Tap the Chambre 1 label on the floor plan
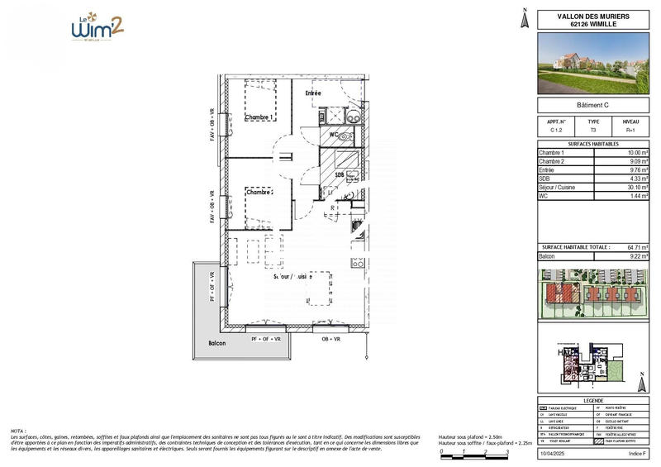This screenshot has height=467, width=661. click(259, 118)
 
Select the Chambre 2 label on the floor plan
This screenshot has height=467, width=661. click(259, 192)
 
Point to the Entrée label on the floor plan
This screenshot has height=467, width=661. click(313, 93)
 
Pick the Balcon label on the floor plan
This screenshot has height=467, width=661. click(216, 342)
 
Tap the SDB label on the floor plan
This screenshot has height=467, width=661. click(339, 175)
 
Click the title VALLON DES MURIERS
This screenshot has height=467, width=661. click(592, 16)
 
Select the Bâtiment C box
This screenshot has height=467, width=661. click(592, 105)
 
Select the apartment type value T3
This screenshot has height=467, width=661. click(592, 131)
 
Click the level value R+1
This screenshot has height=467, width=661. click(630, 131)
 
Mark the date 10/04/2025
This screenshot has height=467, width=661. click(554, 454)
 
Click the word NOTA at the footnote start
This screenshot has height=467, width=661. click(18, 431)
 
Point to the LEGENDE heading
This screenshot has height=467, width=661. click(592, 399)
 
